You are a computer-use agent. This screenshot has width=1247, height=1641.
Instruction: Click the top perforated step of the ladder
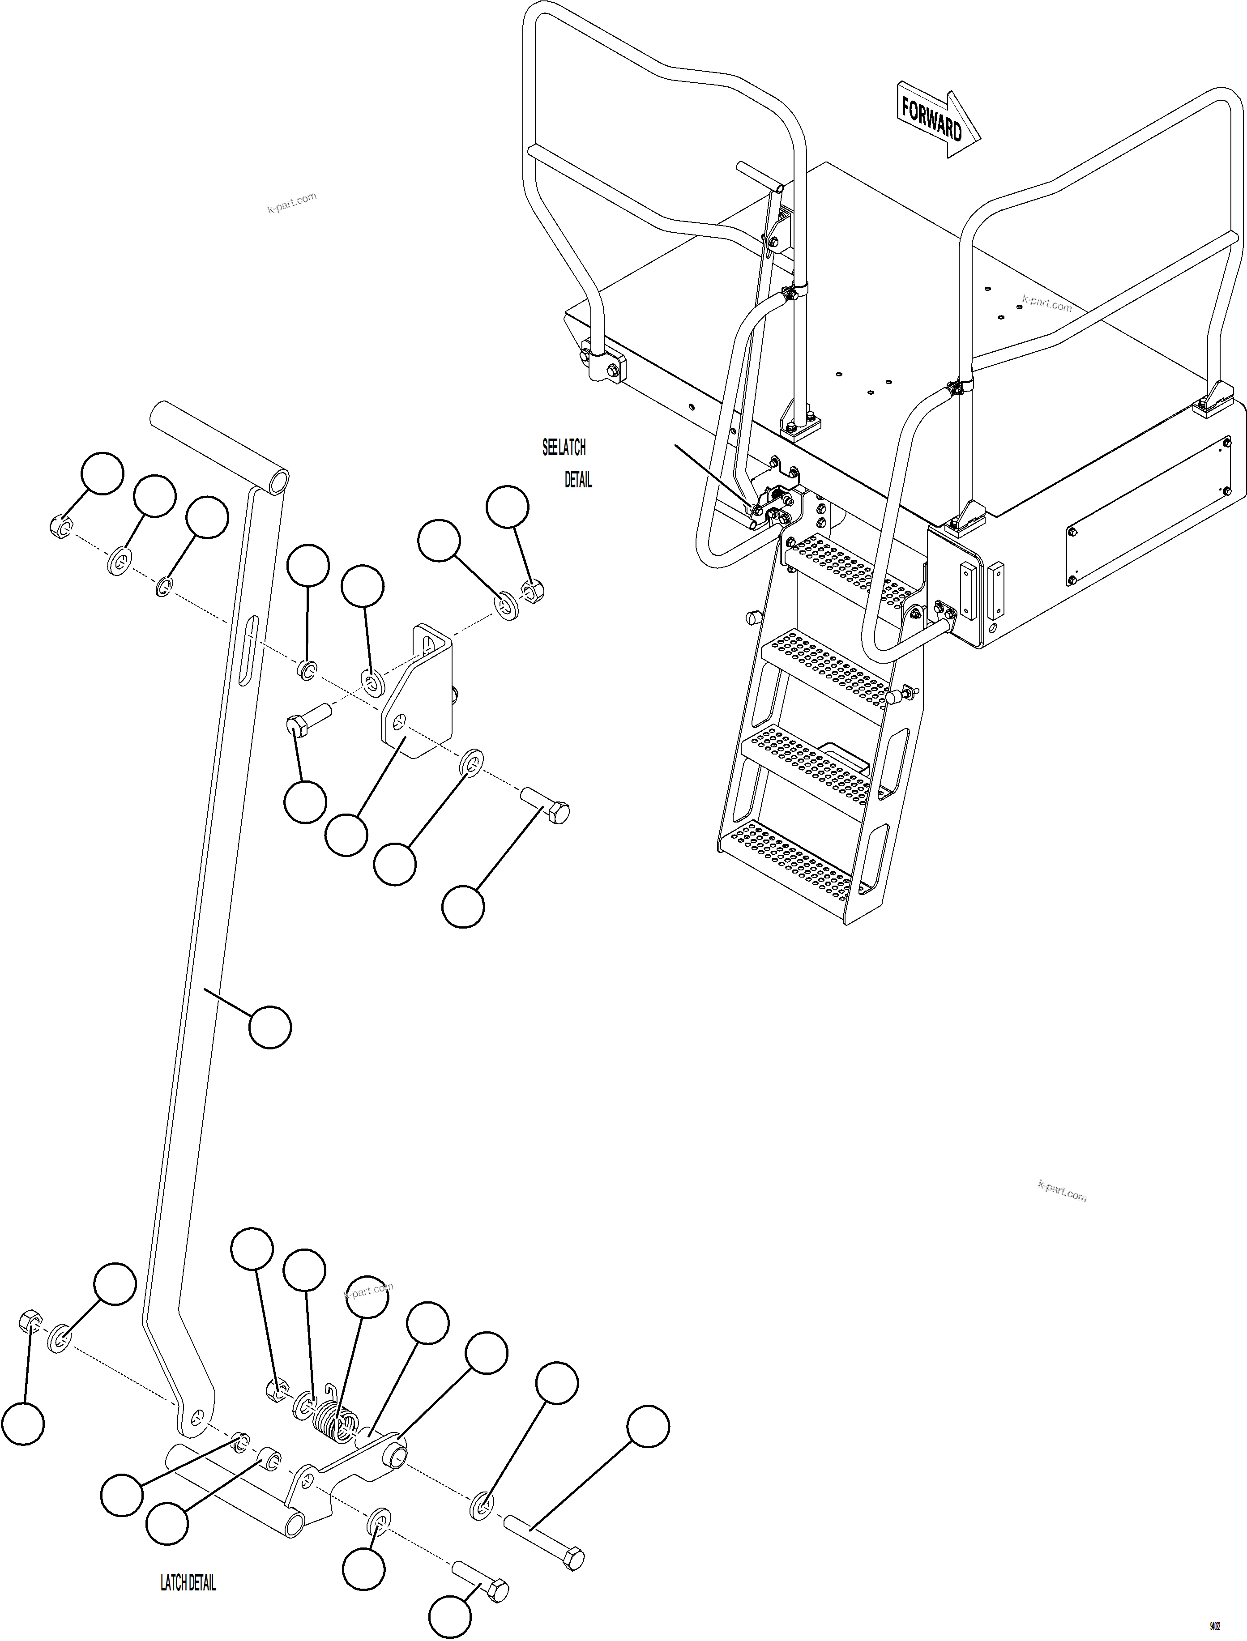pyautogui.click(x=854, y=568)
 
